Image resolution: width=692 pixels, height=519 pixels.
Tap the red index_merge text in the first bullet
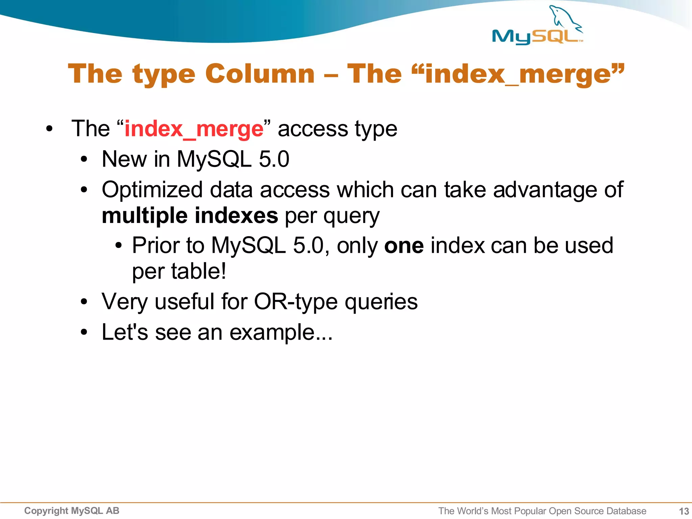194,129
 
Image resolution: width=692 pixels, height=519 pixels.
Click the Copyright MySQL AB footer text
72,511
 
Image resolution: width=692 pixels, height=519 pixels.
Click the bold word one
404,245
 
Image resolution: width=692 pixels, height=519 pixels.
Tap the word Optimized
152,190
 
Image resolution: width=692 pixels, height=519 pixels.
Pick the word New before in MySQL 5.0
124,159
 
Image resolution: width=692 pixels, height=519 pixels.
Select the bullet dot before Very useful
84,302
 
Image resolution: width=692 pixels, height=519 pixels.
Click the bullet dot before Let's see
84,332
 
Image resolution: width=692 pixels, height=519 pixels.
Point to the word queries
381,301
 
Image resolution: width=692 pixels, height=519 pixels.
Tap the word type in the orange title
164,74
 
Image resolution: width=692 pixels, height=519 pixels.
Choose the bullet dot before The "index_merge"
50,129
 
